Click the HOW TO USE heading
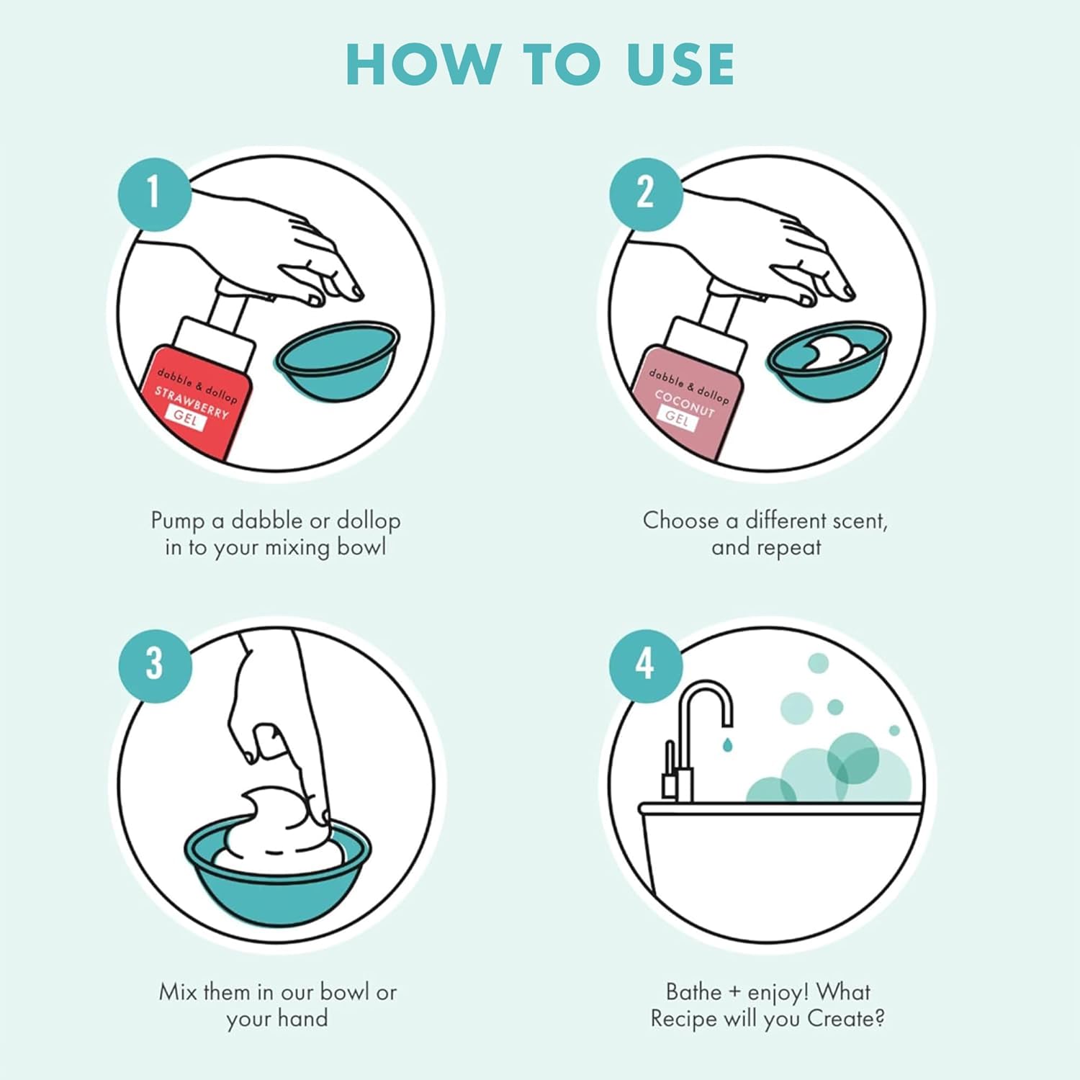click(x=540, y=64)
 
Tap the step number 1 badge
click(x=155, y=193)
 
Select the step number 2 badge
click(x=646, y=194)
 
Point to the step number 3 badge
click(x=155, y=664)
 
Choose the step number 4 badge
click(x=646, y=664)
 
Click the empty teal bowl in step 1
click(x=337, y=361)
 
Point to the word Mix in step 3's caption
click(x=178, y=992)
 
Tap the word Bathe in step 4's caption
click(x=694, y=992)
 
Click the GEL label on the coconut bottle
click(x=677, y=417)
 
